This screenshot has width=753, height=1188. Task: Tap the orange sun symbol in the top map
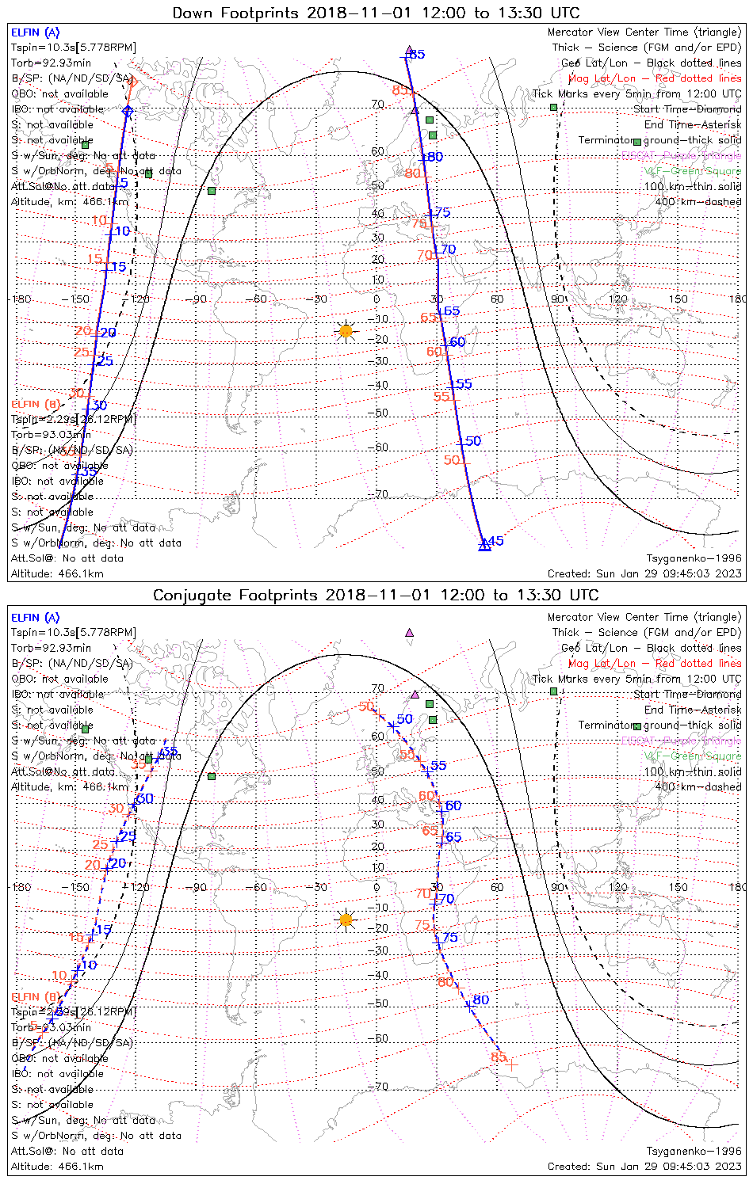click(346, 330)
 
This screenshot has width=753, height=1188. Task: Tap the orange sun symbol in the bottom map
click(346, 920)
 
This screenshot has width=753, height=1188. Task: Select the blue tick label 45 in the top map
click(495, 541)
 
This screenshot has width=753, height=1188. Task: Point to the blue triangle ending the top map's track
click(484, 545)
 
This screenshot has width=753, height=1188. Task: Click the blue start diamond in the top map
click(128, 111)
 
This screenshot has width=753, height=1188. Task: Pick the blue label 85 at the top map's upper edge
click(417, 55)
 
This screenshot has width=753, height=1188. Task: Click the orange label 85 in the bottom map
click(499, 1057)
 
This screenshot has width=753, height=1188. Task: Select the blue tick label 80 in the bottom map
click(480, 1000)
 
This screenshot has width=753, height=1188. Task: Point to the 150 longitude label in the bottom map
click(678, 887)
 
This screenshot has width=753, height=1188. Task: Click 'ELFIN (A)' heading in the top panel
click(35, 32)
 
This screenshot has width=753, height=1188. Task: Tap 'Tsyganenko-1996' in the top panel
click(694, 558)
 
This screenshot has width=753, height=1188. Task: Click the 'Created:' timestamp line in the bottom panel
click(644, 1166)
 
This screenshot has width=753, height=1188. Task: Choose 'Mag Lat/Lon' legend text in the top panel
click(602, 78)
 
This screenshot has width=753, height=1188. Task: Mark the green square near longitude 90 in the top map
click(553, 107)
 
